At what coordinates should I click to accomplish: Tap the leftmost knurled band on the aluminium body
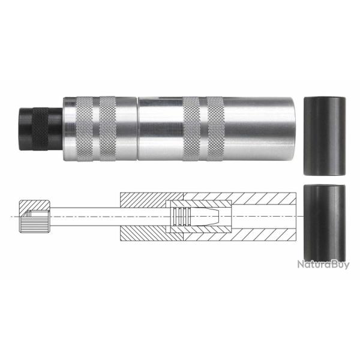(82, 127)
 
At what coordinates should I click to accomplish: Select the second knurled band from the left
(107, 127)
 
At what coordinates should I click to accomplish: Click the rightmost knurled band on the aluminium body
(215, 127)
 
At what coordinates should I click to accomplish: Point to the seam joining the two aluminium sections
(137, 127)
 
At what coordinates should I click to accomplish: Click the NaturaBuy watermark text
(323, 264)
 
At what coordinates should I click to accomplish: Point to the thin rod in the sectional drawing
(87, 216)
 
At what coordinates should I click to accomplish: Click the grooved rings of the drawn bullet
(179, 216)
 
